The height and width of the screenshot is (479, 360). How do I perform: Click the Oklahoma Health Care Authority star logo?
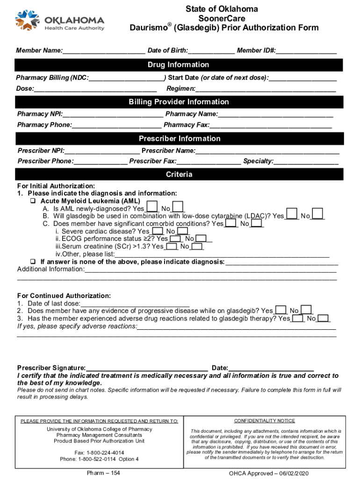click(x=27, y=21)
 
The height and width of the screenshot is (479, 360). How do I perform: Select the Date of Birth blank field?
click(x=211, y=51)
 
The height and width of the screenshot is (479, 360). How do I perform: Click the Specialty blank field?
click(x=306, y=161)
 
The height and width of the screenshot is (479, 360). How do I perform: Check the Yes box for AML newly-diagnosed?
click(x=151, y=208)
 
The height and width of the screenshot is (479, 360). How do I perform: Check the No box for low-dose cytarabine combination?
click(x=317, y=215)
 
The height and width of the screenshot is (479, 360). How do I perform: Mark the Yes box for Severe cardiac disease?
click(x=158, y=231)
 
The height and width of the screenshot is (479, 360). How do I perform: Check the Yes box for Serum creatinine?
click(x=172, y=246)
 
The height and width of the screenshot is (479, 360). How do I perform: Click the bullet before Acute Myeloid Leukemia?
click(x=33, y=201)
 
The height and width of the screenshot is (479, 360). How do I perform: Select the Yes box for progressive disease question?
click(x=281, y=310)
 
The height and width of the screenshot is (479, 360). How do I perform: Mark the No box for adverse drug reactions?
click(x=323, y=318)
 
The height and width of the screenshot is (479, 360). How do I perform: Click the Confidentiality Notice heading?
click(x=264, y=421)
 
